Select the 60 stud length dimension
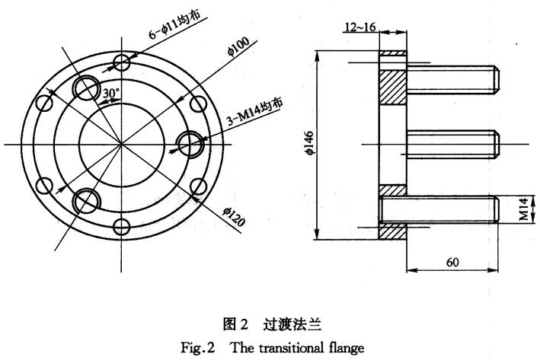pyautogui.click(x=452, y=262)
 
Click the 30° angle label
pyautogui.click(x=110, y=93)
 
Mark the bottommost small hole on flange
pyautogui.click(x=121, y=225)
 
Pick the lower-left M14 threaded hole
pyautogui.click(x=87, y=200)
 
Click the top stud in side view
pyautogui.click(x=452, y=78)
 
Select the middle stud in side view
pyautogui.click(x=452, y=143)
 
